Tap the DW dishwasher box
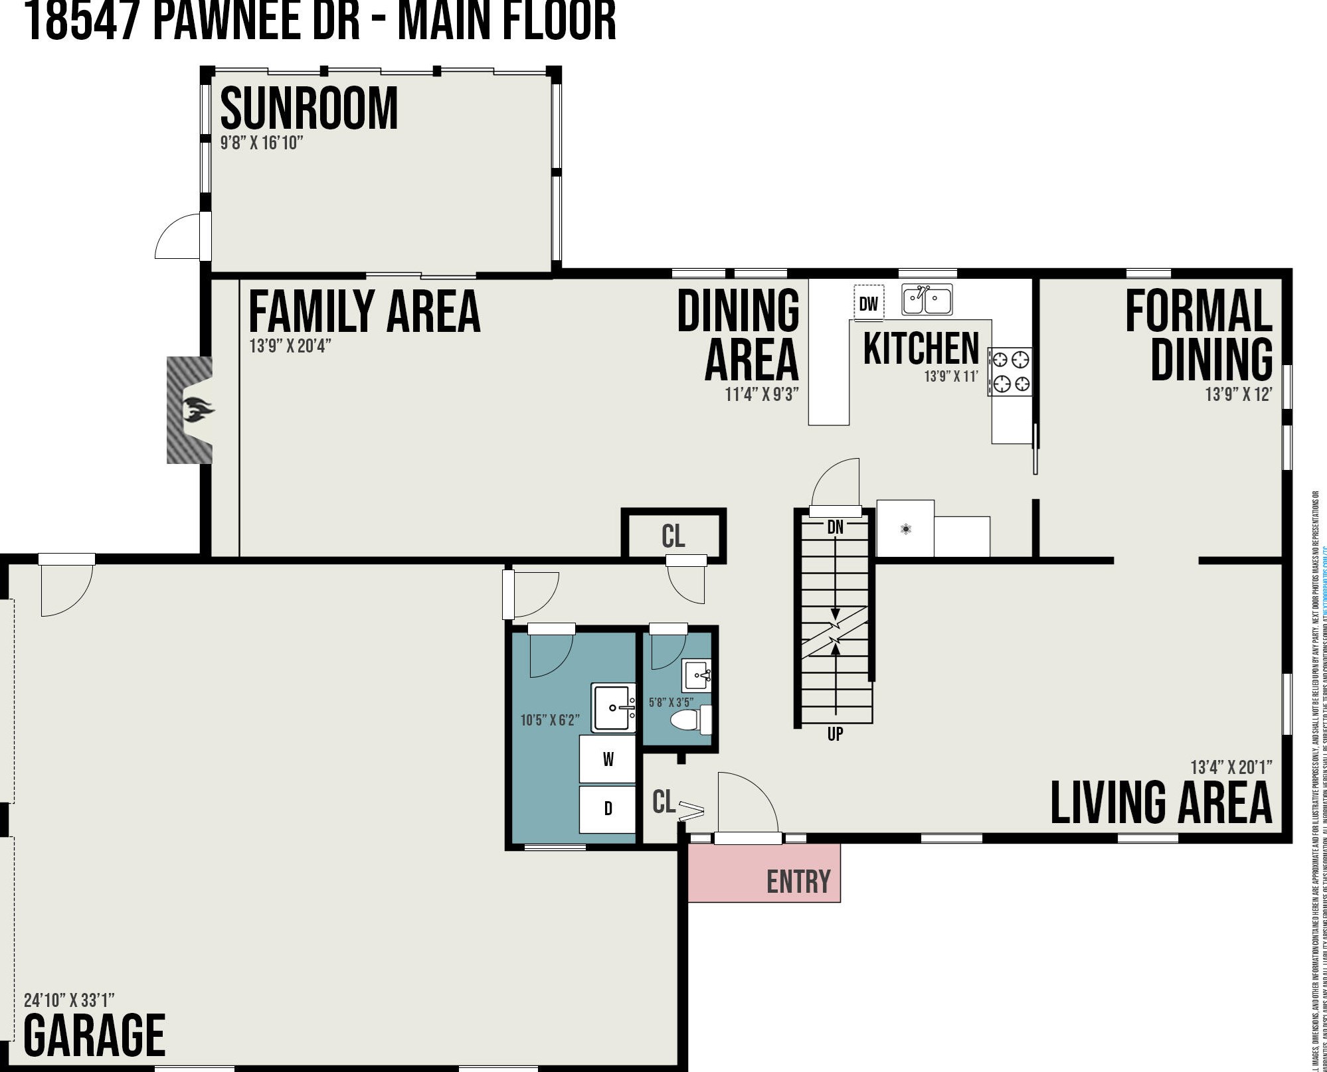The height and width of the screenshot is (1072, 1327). [x=868, y=303]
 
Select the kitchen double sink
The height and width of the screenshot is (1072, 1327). [x=927, y=300]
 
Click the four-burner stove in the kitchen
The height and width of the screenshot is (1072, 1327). [x=1010, y=371]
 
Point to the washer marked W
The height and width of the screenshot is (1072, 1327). [x=607, y=759]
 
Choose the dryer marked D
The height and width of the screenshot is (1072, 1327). [x=607, y=808]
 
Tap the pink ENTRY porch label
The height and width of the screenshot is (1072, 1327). [x=798, y=881]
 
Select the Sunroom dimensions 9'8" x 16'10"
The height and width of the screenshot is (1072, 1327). [x=262, y=143]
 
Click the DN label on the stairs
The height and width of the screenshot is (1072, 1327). [x=835, y=528]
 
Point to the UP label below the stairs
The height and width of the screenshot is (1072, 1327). [x=835, y=733]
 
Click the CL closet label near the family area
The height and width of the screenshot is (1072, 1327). [x=673, y=536]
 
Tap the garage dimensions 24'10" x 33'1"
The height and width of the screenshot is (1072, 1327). [x=69, y=1000]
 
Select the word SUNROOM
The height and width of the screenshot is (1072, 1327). [x=309, y=108]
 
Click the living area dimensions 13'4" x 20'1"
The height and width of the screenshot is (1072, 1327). [x=1231, y=767]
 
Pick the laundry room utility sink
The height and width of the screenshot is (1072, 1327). [x=613, y=708]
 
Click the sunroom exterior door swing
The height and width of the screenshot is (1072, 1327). [x=177, y=238]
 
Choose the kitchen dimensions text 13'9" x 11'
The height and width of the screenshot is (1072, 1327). [x=951, y=376]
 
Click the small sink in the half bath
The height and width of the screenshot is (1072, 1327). [x=697, y=676]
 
